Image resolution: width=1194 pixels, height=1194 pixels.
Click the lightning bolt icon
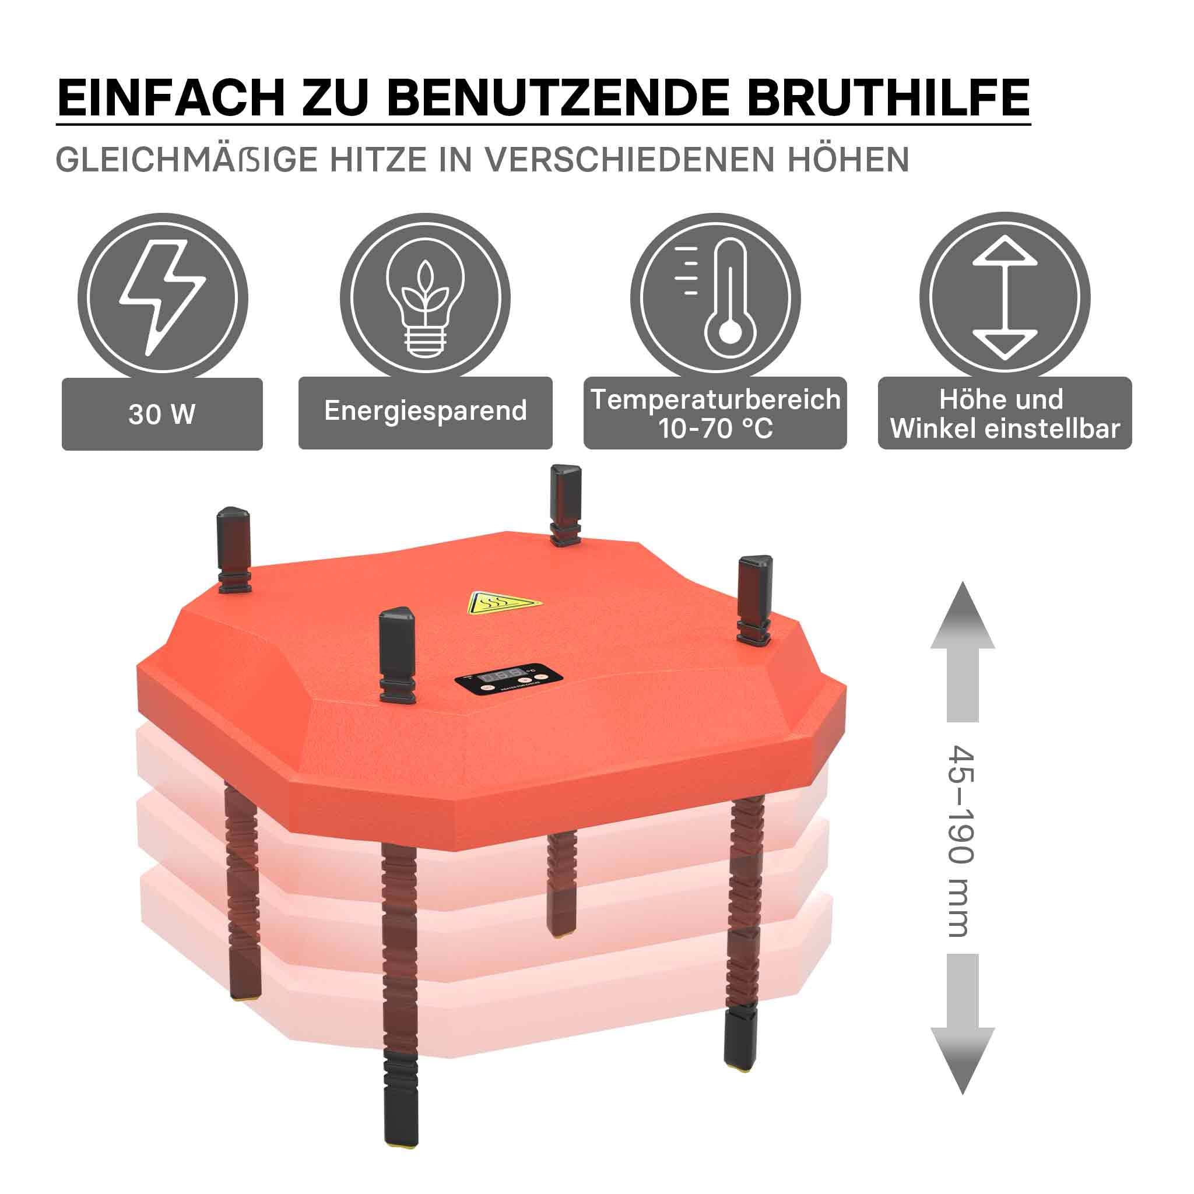coord(162,297)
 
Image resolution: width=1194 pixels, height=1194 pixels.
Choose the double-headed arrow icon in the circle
coord(1005,298)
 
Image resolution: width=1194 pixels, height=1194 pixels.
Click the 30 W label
coord(162,414)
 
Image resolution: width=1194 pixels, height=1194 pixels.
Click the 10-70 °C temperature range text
coord(716,428)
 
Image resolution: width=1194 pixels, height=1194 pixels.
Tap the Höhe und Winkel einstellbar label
coord(1005,413)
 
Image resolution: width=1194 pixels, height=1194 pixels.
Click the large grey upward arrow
coord(962,652)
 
